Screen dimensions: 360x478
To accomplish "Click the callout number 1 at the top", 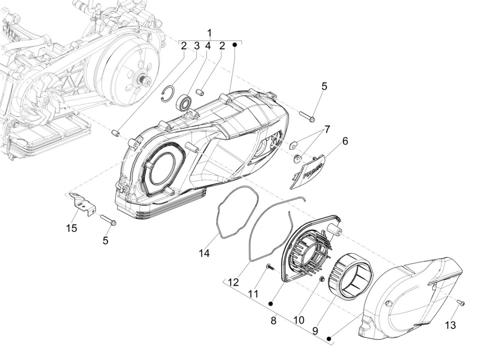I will coord(210,33).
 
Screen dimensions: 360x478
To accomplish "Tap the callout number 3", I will coord(196,46).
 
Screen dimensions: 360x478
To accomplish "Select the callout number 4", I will coord(208,46).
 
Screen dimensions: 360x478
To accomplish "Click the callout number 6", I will coord(345,141).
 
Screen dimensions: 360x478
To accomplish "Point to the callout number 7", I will coord(327,129).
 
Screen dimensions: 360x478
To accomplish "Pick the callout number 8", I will coord(273,321).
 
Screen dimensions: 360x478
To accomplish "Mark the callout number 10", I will coord(299,320).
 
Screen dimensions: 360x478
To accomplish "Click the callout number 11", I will coord(253,294).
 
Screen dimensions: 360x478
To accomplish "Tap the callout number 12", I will coord(233,282).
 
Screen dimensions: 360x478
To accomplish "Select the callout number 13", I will coord(450,325).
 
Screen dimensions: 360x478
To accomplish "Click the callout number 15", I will coord(72,228).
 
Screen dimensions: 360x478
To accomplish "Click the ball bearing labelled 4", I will coord(184,102).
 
